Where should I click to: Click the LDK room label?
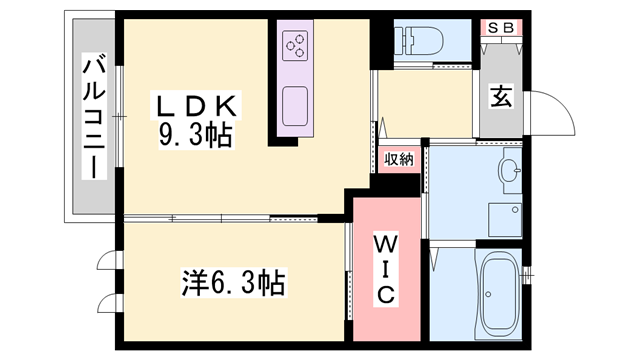(x=195, y=103)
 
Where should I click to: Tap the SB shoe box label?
(x=500, y=28)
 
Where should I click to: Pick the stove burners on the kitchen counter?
(x=295, y=44)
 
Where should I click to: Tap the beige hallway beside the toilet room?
(x=425, y=104)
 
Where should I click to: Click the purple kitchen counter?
(x=295, y=75)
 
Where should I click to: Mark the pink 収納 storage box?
(x=399, y=160)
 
